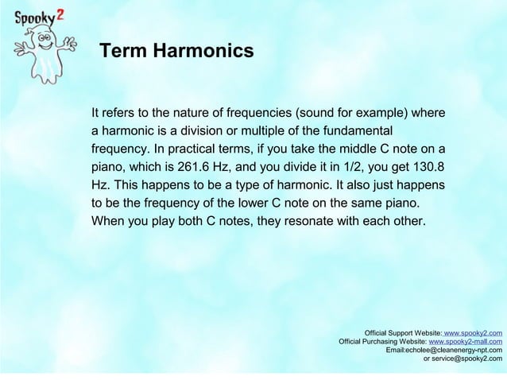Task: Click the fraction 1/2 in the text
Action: (x=346, y=166)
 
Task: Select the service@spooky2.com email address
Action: (x=467, y=359)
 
